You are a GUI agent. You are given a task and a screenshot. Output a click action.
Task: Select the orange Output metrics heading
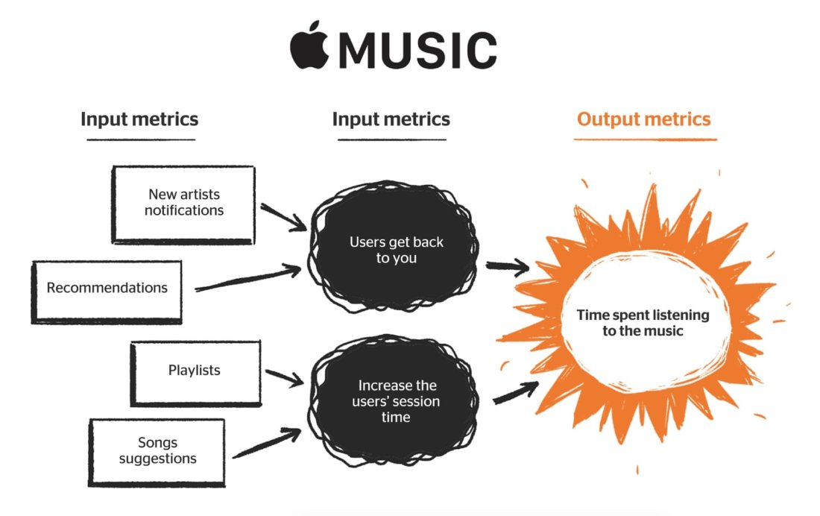click(x=644, y=119)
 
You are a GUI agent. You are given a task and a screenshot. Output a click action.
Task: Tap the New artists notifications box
click(x=183, y=203)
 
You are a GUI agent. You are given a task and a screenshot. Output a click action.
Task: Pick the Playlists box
click(x=195, y=373)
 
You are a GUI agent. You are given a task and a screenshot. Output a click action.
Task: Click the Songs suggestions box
click(x=157, y=451)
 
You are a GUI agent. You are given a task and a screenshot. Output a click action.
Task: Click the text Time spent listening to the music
click(x=643, y=323)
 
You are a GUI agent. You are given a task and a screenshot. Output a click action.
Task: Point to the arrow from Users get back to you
click(x=507, y=266)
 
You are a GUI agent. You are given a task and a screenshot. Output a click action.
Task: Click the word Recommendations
click(x=107, y=288)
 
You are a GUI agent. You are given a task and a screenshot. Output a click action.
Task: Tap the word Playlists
click(x=194, y=370)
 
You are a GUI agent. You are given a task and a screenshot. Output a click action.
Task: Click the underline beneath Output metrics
click(x=646, y=139)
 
